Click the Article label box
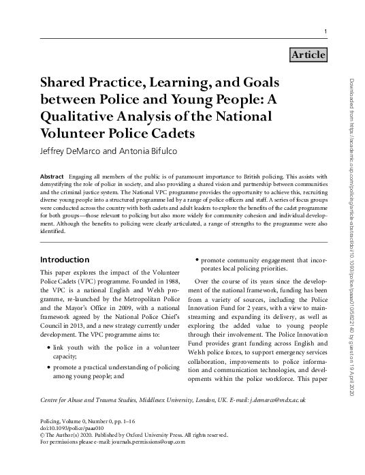point(308,55)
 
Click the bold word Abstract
point(53,176)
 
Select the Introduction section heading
point(65,260)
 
